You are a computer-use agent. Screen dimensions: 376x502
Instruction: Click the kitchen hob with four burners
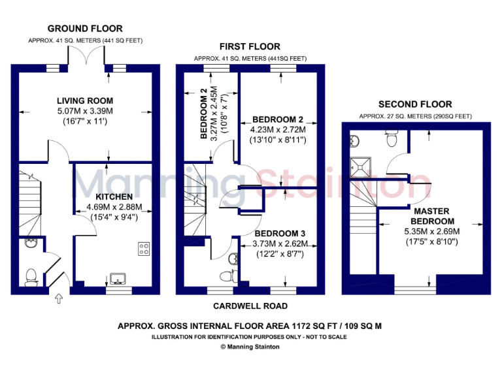pyautogui.click(x=143, y=249)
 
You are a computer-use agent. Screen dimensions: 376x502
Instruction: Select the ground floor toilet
pyautogui.click(x=29, y=278)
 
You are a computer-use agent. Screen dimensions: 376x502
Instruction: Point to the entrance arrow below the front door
pyautogui.click(x=58, y=300)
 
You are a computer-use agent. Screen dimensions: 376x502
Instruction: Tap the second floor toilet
pyautogui.click(x=392, y=138)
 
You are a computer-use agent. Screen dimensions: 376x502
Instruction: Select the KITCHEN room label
pyautogui.click(x=114, y=196)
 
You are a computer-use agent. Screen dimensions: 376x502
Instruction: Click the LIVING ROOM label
pyautogui.click(x=85, y=101)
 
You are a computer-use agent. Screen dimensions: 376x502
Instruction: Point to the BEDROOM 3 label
pyautogui.click(x=279, y=233)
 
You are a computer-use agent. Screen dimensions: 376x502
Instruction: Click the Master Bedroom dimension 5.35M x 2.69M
pyautogui.click(x=431, y=231)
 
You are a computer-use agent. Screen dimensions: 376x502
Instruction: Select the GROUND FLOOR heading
pyautogui.click(x=85, y=29)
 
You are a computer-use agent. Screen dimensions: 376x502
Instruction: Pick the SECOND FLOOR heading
pyautogui.click(x=415, y=104)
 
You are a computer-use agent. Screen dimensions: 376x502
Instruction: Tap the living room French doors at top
pyautogui.click(x=85, y=63)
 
